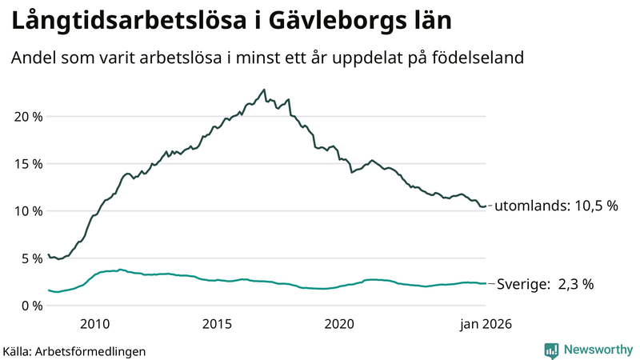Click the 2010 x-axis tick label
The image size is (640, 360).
[94, 324]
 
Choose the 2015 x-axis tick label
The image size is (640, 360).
[217, 324]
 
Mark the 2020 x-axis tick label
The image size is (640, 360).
[339, 324]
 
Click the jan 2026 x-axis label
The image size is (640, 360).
[484, 324]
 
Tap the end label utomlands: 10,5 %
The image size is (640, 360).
[557, 206]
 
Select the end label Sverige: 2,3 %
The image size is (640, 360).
[546, 284]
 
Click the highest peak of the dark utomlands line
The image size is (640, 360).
[264, 90]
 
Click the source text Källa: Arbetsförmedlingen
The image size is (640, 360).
[74, 350]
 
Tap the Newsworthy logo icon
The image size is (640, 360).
[551, 350]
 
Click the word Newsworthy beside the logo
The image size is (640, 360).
[598, 350]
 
